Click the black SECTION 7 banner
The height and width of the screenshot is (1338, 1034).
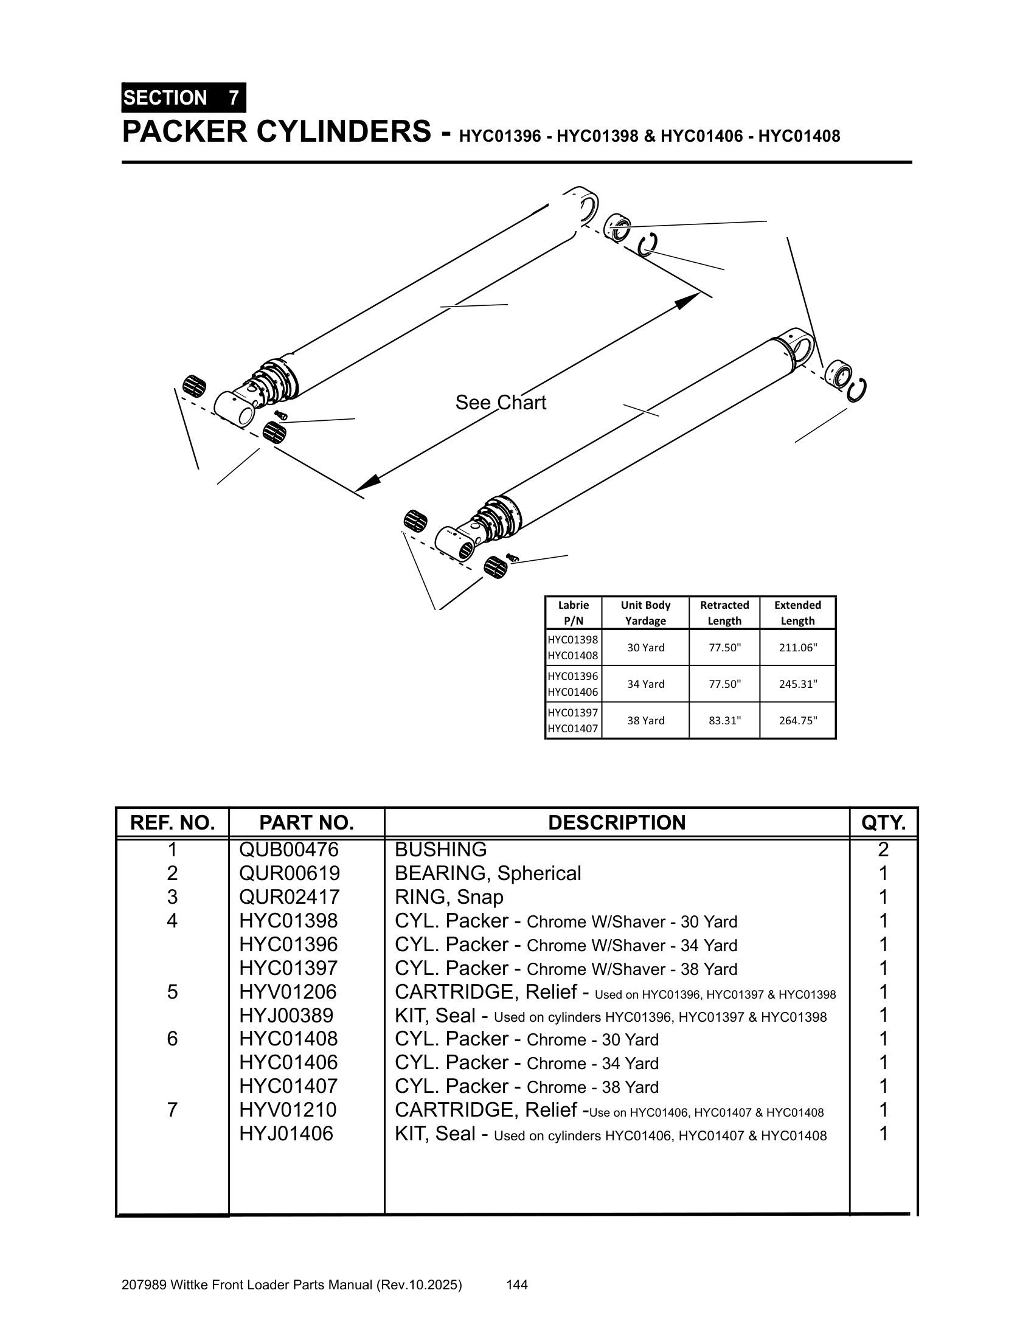[x=183, y=97]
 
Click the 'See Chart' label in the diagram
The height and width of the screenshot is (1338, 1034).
[x=501, y=403]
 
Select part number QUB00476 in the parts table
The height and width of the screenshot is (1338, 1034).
[x=288, y=849]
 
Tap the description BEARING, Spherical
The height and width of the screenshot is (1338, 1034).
[x=488, y=873]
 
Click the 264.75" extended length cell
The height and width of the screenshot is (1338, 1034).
[x=797, y=721]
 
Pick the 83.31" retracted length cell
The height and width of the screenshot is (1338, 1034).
[x=724, y=721]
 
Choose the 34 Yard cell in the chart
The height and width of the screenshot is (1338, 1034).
[x=645, y=684]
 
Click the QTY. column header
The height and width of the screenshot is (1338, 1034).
[x=883, y=822]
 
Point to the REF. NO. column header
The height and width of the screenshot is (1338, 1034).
[x=172, y=822]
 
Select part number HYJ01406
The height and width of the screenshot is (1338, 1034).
[x=286, y=1134]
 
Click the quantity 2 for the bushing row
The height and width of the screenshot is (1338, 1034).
[x=883, y=849]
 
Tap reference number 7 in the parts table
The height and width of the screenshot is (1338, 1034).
[x=172, y=1109]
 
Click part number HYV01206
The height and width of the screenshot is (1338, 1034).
[x=288, y=991]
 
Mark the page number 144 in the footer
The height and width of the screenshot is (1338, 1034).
[x=517, y=1284]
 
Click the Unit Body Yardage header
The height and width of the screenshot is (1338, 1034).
[x=645, y=612]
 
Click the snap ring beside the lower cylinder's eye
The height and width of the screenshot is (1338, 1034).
[x=857, y=390]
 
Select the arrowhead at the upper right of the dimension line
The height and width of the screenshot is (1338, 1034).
[x=690, y=300]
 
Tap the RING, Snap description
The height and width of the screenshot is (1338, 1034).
[x=448, y=897]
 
